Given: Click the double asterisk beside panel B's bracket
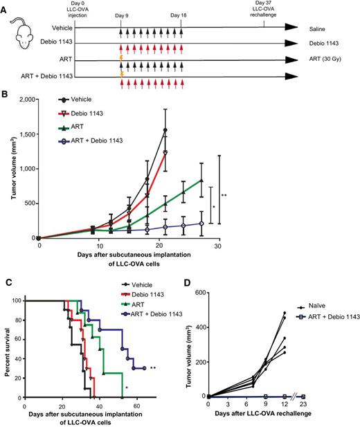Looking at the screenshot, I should (224, 196).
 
